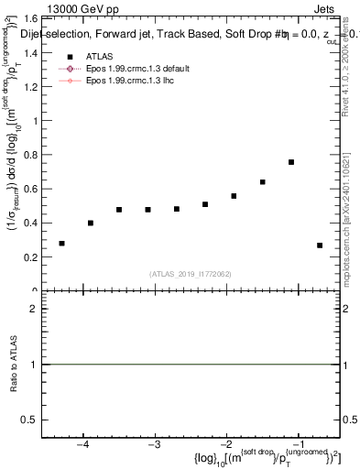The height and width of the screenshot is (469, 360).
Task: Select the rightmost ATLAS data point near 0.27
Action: click(320, 245)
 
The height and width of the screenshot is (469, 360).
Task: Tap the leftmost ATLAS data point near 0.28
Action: click(61, 244)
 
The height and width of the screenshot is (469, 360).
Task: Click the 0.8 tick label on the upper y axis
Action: click(30, 155)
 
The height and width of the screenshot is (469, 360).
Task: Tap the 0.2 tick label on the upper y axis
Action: click(30, 257)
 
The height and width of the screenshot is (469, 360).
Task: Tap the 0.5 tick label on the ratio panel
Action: click(30, 420)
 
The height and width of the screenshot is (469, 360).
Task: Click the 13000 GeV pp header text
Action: click(80, 7)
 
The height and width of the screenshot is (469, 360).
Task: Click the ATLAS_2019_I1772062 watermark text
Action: click(191, 274)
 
